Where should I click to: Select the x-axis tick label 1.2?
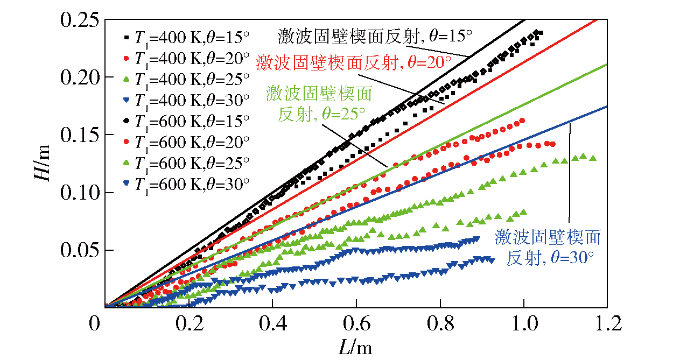[607, 324]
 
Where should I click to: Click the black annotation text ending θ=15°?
[375, 37]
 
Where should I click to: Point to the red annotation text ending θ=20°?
[354, 62]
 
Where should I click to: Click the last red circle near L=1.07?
[552, 144]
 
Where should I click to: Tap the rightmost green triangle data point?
[593, 158]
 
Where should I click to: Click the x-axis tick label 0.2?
[188, 324]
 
